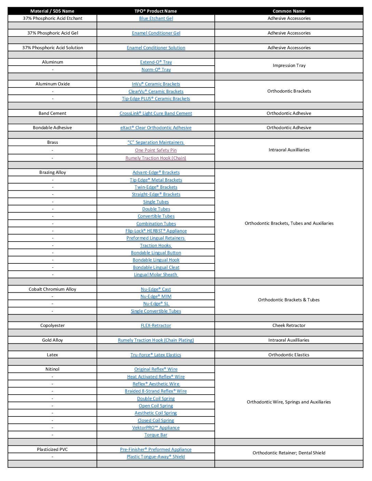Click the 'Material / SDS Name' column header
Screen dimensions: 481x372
(x=52, y=11)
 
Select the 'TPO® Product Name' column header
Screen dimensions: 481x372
(x=156, y=11)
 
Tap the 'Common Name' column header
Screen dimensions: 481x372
(x=289, y=11)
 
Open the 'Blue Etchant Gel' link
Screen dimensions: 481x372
(x=156, y=18)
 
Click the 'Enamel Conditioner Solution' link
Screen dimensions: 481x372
(x=156, y=48)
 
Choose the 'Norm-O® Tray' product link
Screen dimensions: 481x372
(x=156, y=70)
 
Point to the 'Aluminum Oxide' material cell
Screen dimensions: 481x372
(x=53, y=84)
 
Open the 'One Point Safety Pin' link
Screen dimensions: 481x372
(x=156, y=150)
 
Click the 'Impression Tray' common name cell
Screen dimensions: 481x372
(x=289, y=66)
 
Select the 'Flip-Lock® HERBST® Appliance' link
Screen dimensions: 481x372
(x=156, y=231)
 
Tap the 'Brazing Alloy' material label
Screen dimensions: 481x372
(x=53, y=173)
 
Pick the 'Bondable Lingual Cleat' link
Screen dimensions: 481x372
(x=156, y=267)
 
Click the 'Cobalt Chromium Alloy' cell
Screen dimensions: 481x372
(x=52, y=289)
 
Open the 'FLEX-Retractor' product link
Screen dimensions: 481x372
(x=156, y=326)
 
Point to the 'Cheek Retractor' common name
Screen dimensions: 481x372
(x=289, y=326)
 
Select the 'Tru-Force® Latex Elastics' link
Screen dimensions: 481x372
(x=156, y=355)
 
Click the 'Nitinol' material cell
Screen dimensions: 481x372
(x=52, y=369)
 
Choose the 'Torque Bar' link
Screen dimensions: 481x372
(x=156, y=435)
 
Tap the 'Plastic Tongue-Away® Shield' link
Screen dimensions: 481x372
(x=156, y=457)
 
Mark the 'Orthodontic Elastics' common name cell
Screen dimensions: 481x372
(x=289, y=355)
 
